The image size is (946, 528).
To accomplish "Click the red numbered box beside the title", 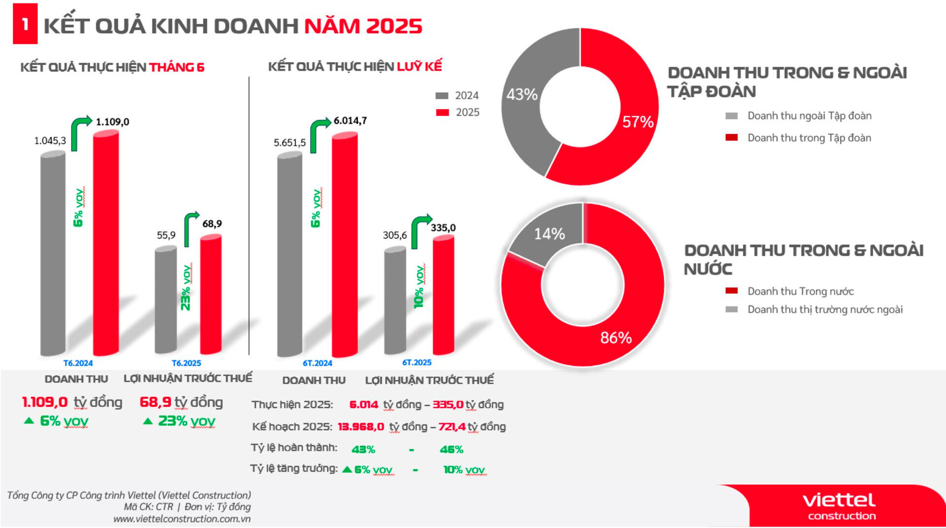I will (25, 24).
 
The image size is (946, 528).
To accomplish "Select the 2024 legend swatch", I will (442, 96).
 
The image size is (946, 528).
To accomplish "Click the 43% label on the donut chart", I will (522, 94).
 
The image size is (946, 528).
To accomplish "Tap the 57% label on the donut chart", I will (638, 122).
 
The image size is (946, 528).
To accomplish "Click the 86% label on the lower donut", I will (616, 338).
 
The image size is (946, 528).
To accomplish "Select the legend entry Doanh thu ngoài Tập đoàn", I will (809, 116).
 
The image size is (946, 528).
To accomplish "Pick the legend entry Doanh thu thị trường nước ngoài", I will (825, 310).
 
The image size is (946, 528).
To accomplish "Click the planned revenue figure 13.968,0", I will (361, 427).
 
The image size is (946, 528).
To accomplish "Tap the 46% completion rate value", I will (451, 450).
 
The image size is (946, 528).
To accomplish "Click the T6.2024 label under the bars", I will (78, 363).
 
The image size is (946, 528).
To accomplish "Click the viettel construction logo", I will (840, 506).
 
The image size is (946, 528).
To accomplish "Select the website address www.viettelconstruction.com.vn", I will (182, 519).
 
